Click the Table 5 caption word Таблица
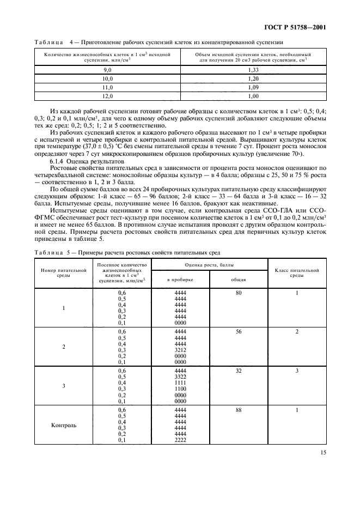48,252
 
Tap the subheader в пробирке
180,280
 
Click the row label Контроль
64,425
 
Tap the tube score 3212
180,350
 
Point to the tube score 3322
180,377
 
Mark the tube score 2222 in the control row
180,440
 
